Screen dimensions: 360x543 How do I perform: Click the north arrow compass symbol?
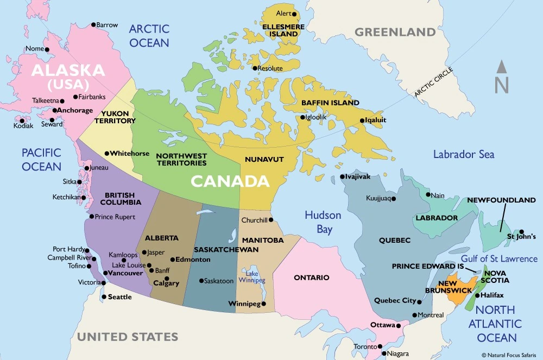click(502, 78)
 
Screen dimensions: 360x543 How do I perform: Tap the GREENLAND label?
click(395, 32)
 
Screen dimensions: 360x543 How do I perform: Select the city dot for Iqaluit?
click(361, 121)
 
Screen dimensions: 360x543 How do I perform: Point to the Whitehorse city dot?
click(107, 154)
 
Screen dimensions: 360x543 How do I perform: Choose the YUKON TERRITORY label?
click(115, 117)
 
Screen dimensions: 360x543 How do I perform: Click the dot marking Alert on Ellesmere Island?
click(294, 14)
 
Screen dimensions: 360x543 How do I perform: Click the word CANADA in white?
click(229, 181)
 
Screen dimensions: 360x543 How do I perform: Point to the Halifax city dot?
click(476, 295)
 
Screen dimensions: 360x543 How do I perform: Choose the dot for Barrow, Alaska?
click(93, 25)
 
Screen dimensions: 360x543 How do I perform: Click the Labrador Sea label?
click(463, 155)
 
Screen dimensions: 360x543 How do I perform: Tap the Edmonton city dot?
click(172, 260)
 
